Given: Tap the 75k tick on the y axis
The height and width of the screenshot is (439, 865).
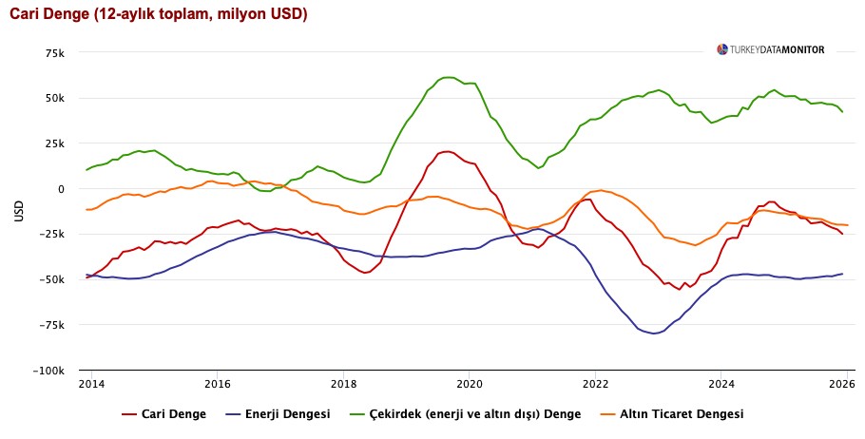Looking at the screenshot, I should point(54,52).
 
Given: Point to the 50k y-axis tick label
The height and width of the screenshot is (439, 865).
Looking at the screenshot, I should point(54,98).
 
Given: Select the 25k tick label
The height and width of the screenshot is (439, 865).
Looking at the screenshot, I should point(54,143).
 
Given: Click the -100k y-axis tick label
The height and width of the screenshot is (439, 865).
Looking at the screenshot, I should point(48,371).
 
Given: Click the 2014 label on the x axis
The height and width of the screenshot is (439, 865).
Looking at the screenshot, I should point(91,385).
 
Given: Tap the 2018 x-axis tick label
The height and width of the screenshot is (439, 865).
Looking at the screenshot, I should point(343,385).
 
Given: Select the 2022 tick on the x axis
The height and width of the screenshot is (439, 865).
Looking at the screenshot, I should point(595,385).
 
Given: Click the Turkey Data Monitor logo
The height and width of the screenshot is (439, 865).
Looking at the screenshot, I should point(771,49).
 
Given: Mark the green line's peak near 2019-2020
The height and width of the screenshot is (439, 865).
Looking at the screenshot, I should point(447,77).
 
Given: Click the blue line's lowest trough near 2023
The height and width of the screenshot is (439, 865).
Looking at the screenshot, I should point(654,334).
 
